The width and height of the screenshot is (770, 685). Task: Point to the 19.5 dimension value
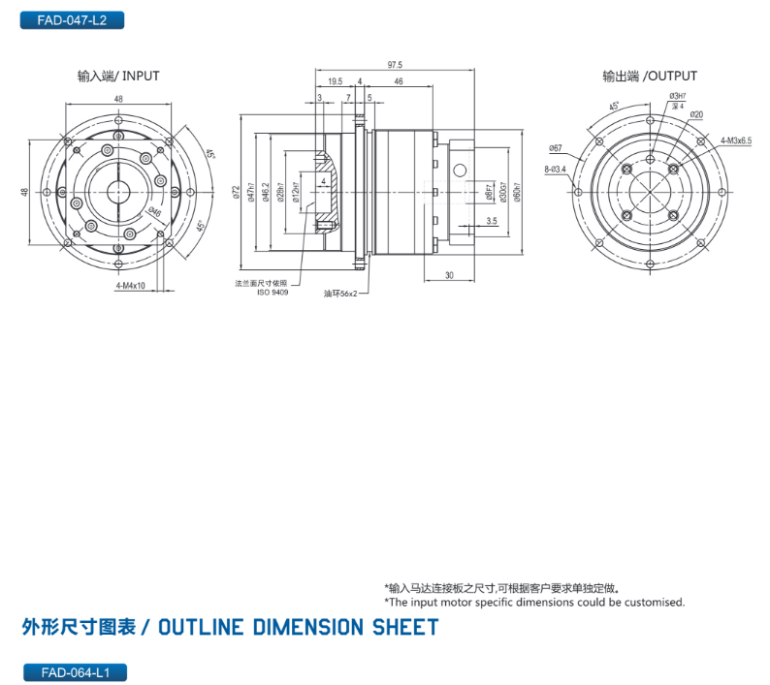point(335,81)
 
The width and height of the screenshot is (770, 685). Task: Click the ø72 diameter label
point(237,193)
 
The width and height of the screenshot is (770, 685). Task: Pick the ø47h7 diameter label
point(251,193)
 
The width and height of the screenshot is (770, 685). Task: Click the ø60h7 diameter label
point(517,193)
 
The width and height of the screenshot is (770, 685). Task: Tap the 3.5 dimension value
point(492,222)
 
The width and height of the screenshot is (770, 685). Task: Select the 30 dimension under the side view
point(449,276)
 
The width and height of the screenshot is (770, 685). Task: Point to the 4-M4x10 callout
point(130,287)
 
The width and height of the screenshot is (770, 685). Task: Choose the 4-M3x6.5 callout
point(736,140)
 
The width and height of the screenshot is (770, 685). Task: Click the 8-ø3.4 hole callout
point(556,169)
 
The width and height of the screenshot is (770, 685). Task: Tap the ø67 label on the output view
point(556,147)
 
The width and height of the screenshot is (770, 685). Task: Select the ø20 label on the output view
point(696,114)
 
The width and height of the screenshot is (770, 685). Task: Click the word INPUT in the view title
point(142,76)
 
